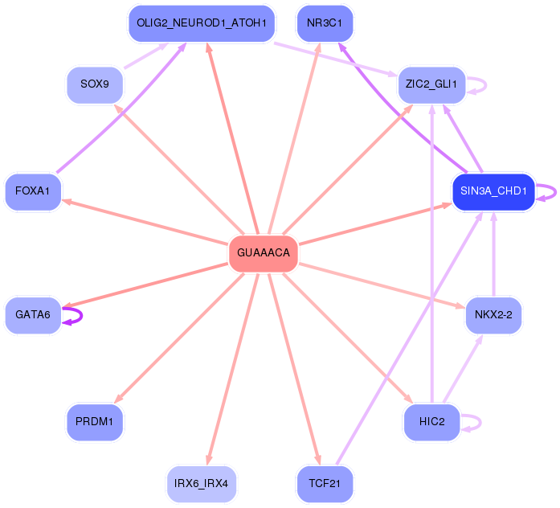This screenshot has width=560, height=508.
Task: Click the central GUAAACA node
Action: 264,253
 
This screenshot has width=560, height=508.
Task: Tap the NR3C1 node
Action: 325,23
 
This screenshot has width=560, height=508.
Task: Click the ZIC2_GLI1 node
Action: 431,84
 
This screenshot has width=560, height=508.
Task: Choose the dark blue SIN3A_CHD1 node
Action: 493,191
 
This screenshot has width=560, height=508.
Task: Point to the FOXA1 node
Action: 33,191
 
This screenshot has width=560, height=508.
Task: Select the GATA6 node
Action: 32,315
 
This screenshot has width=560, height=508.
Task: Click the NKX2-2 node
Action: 493,315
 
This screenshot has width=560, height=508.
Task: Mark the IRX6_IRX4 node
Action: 201,483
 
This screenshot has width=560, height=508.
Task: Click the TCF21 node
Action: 325,483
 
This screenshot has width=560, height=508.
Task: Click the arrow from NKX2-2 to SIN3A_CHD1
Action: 493,257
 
